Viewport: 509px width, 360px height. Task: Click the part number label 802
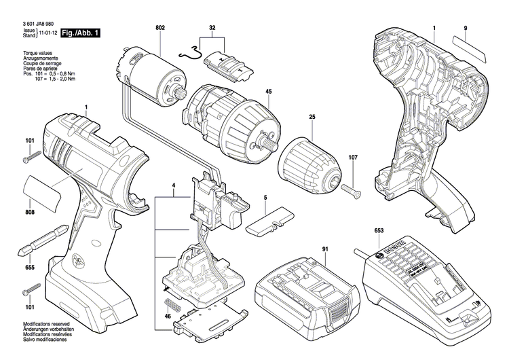click(160, 27)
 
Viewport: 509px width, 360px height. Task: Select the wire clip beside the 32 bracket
click(191, 56)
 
